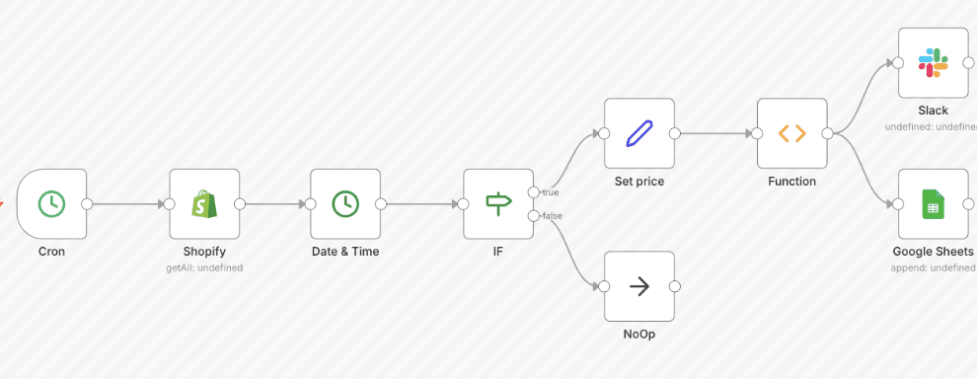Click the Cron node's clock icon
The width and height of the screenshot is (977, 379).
[51, 204]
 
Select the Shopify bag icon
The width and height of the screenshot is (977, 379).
[204, 204]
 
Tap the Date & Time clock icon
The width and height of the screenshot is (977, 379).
[345, 204]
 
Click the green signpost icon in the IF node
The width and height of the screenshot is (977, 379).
[498, 204]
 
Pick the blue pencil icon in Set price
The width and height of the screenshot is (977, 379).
[639, 133]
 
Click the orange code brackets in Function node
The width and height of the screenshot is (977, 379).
[792, 133]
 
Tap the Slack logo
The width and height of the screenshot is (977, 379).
[933, 63]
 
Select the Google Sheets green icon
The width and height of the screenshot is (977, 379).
[933, 205]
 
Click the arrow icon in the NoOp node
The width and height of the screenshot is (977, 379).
[639, 286]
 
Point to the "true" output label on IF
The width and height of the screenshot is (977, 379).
[551, 192]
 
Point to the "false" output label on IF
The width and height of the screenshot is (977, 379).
[551, 215]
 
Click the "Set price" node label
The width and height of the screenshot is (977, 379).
[639, 182]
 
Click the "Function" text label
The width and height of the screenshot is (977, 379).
[792, 182]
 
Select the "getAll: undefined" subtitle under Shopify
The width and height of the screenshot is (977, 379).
[204, 267]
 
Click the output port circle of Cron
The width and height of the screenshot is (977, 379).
[87, 204]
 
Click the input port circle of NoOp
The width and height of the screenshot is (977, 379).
[604, 286]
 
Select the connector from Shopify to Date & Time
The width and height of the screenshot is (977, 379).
[275, 204]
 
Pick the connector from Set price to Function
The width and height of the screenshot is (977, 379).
[715, 133]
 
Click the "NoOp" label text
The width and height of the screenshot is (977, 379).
[639, 334]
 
